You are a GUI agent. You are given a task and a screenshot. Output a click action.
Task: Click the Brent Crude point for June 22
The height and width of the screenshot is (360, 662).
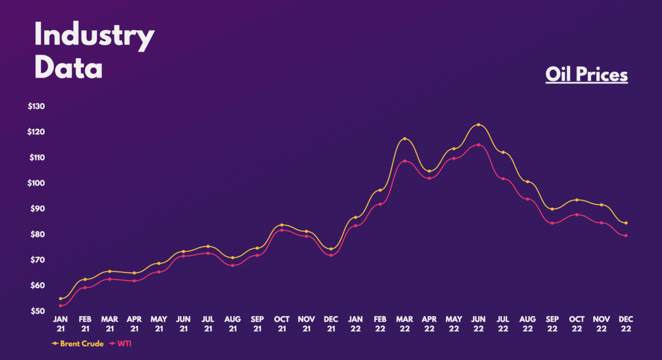pyautogui.click(x=478, y=125)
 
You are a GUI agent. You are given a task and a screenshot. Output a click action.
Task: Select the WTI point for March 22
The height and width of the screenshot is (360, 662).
pyautogui.click(x=404, y=161)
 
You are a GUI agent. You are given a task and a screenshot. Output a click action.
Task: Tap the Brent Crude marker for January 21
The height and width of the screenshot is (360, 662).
pyautogui.click(x=60, y=299)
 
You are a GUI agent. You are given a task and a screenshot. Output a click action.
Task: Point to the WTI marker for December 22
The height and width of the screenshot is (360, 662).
pyautogui.click(x=626, y=236)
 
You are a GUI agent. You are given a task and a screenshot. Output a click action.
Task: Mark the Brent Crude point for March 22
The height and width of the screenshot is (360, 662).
pyautogui.click(x=404, y=138)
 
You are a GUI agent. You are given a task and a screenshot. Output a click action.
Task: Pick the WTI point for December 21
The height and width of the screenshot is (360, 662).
pyautogui.click(x=331, y=255)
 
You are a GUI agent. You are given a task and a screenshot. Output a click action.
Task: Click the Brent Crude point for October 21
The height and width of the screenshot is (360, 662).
pyautogui.click(x=282, y=225)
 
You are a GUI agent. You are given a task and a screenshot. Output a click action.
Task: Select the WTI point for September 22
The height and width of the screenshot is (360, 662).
pyautogui.click(x=552, y=223)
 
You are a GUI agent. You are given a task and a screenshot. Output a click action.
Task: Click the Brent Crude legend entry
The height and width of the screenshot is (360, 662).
pyautogui.click(x=77, y=343)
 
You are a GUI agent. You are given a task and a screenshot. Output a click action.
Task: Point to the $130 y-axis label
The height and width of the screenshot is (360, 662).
pyautogui.click(x=36, y=106)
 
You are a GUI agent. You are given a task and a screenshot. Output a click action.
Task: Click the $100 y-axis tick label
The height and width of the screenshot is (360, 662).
pyautogui.click(x=36, y=183)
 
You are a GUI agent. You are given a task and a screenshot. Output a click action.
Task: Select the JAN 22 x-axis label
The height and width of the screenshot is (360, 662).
pyautogui.click(x=355, y=324)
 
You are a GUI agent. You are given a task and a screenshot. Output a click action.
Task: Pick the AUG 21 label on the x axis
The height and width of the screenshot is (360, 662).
pyautogui.click(x=232, y=324)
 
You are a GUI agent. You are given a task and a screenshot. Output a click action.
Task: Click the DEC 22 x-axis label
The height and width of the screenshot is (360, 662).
pyautogui.click(x=626, y=324)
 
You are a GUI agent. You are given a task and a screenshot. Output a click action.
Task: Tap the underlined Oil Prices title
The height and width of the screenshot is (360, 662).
pyautogui.click(x=586, y=74)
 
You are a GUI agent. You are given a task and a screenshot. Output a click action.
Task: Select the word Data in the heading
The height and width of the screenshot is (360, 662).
pyautogui.click(x=68, y=69)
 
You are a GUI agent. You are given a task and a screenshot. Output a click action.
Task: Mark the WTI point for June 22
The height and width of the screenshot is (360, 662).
pyautogui.click(x=478, y=145)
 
